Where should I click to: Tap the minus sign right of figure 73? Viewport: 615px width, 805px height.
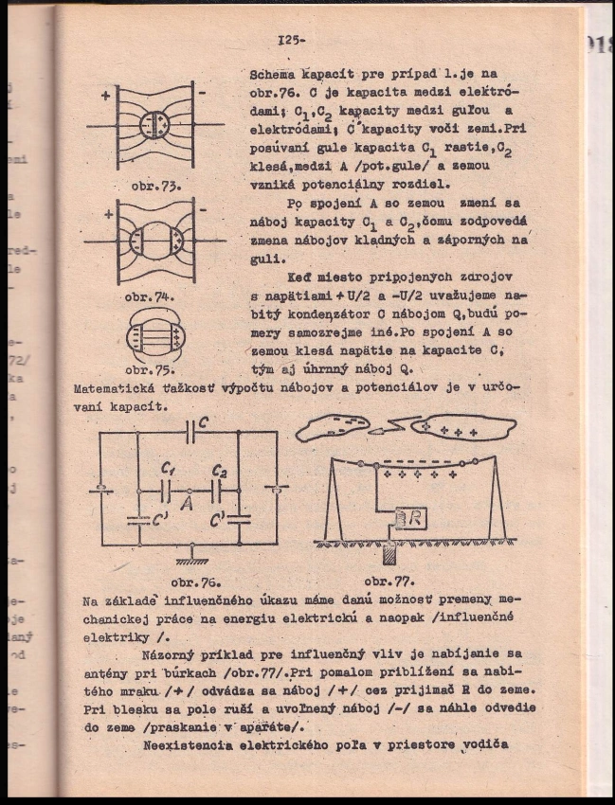202,93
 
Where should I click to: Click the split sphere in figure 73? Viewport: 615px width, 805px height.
154,125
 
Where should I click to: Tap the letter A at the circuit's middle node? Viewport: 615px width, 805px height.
187,505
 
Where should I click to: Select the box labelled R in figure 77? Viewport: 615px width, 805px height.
409,517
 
